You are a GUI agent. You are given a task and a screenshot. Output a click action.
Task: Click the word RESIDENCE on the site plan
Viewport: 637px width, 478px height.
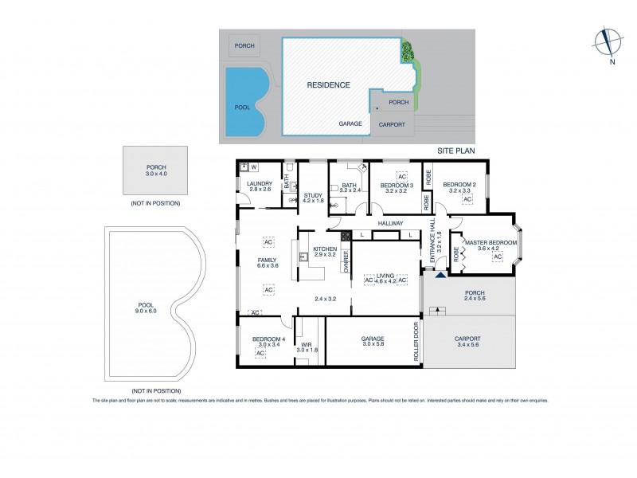click(x=328, y=84)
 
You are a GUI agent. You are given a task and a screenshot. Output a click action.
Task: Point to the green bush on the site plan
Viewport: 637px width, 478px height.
click(x=408, y=53)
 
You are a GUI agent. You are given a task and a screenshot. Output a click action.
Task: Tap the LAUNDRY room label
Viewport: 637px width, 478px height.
click(x=260, y=183)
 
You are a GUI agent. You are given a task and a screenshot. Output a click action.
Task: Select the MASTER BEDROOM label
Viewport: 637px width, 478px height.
click(x=491, y=243)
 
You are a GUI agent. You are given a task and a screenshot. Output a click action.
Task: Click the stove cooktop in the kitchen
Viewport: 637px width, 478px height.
click(x=346, y=236)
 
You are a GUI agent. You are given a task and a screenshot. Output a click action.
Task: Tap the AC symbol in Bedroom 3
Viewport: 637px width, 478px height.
click(x=401, y=176)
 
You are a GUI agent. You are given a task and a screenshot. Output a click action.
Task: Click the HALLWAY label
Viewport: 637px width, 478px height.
click(x=391, y=223)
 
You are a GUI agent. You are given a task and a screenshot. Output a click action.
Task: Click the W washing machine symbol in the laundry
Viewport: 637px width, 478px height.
click(x=253, y=167)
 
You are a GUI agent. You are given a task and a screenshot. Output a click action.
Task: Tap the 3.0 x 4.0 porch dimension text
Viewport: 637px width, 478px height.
click(x=155, y=174)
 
